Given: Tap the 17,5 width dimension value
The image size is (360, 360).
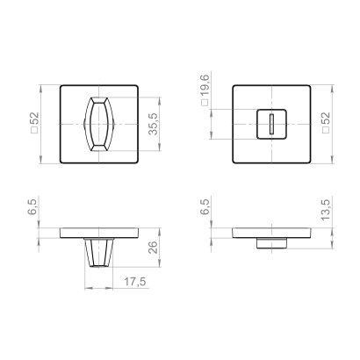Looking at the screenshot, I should point(133,282).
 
